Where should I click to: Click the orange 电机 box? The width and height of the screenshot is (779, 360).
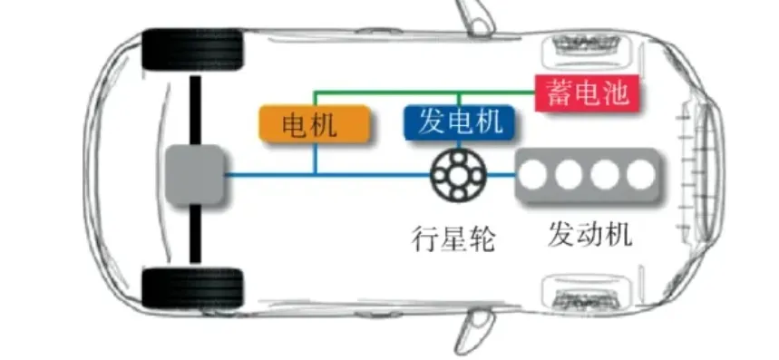[315, 124]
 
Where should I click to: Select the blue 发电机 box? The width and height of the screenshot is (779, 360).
[460, 122]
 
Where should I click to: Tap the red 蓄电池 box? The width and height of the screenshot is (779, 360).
[588, 92]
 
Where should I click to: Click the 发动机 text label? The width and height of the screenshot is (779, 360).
[589, 234]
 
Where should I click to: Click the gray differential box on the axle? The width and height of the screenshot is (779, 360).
[193, 174]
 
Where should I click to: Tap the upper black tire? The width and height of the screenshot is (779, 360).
[193, 50]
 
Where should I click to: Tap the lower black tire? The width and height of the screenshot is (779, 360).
[193, 288]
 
